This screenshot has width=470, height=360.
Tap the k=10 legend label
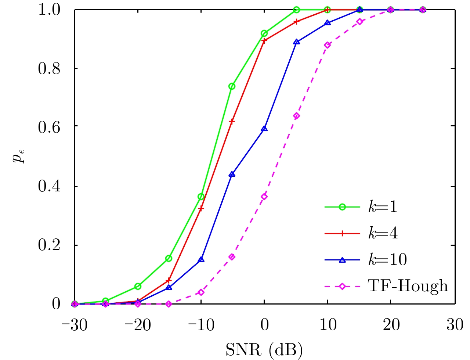tap(388, 260)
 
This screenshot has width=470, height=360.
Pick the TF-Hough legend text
tap(408, 286)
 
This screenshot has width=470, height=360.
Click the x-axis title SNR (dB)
tap(264, 350)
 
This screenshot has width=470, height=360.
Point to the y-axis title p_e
tap(19, 156)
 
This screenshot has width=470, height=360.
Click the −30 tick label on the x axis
tap(75, 325)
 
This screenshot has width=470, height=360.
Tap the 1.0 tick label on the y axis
tap(49, 10)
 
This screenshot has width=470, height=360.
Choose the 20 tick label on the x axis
tap(391, 325)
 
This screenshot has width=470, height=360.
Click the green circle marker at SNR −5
tap(232, 86)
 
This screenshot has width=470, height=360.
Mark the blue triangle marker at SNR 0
tap(264, 129)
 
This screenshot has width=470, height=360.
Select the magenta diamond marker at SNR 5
tap(297, 116)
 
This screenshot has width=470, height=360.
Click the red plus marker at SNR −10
tap(201, 208)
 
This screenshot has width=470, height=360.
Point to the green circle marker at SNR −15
tap(169, 258)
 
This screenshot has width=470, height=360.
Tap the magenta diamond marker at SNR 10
tap(328, 45)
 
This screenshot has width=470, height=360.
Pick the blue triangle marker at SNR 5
tap(297, 42)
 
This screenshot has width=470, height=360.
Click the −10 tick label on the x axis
tap(201, 325)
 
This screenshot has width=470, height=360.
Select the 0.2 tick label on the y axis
tap(49, 245)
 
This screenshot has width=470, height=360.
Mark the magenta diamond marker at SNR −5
tap(232, 257)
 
